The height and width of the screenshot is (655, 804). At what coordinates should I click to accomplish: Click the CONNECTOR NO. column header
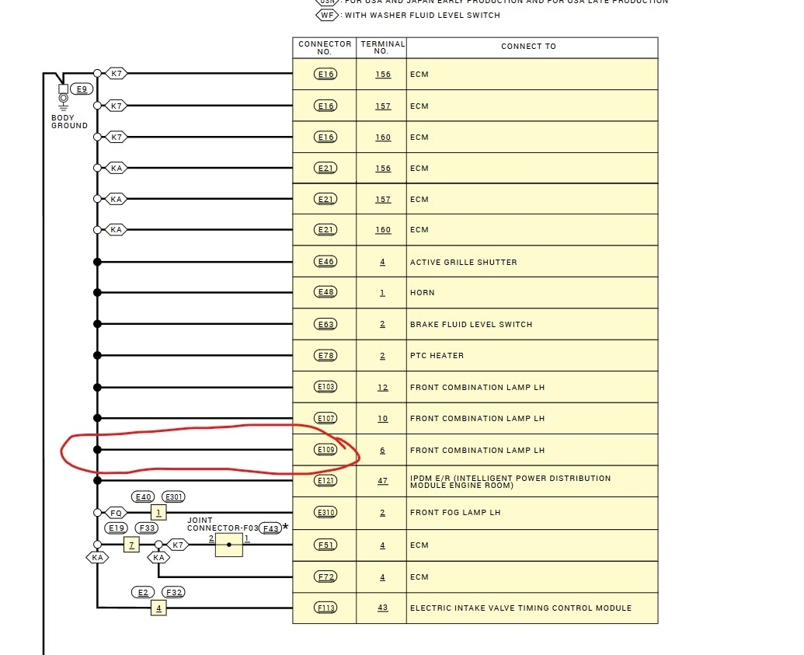[x=325, y=47]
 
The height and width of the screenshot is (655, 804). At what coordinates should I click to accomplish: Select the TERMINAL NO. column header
[x=381, y=47]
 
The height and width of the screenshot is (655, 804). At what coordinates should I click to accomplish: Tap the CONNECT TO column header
[x=528, y=47]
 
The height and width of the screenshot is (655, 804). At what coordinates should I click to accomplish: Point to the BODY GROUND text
[x=69, y=122]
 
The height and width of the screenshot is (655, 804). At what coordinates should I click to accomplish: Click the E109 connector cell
[x=325, y=450]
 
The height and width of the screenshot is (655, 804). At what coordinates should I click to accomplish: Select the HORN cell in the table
[x=423, y=293]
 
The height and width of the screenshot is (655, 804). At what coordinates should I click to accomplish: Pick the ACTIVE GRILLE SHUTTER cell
[x=463, y=262]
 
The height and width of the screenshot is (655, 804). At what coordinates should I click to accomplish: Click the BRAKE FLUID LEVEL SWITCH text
[x=471, y=324]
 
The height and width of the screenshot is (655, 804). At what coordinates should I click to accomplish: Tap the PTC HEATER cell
[x=437, y=356]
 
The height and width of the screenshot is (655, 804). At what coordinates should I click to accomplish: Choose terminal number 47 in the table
[x=382, y=481]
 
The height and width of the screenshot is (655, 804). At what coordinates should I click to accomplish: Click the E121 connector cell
[x=325, y=481]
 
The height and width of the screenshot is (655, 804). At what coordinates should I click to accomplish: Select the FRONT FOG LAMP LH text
[x=455, y=513]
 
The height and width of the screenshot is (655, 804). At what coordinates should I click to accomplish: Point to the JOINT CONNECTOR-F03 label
[x=221, y=524]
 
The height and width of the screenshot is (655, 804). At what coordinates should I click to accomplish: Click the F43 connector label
[x=270, y=528]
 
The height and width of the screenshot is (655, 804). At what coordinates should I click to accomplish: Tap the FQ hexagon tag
[x=116, y=512]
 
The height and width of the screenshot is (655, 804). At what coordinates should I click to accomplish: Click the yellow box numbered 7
[x=131, y=545]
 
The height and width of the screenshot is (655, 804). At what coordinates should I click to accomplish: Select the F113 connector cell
[x=325, y=608]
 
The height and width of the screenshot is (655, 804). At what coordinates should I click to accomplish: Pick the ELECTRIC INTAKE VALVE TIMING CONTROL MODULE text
[x=520, y=608]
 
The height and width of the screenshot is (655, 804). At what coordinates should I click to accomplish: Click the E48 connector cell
[x=325, y=293]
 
